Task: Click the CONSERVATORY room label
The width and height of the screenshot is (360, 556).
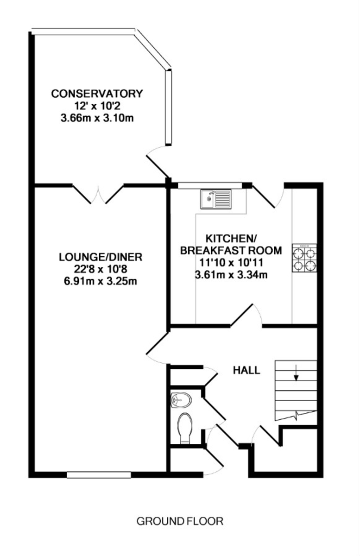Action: coord(97,94)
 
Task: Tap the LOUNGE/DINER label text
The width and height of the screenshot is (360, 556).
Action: coord(101,257)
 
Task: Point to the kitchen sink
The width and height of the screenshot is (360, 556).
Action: coord(216,199)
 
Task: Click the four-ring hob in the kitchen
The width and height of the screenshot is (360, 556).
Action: coord(305,258)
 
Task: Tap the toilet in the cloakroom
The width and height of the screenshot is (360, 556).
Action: coord(185,428)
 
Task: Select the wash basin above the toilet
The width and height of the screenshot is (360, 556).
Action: coord(182,400)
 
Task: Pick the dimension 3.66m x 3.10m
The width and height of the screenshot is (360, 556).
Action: coord(97,118)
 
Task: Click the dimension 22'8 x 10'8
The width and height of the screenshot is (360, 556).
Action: coord(101,269)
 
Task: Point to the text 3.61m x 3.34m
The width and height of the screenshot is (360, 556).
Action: coord(231,275)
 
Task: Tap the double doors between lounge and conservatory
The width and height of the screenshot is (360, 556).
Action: coord(98,194)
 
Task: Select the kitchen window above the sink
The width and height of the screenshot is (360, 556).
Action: coord(210,186)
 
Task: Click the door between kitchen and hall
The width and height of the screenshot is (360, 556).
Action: coord(246,315)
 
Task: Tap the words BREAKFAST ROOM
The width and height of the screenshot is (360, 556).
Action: coord(231,251)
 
